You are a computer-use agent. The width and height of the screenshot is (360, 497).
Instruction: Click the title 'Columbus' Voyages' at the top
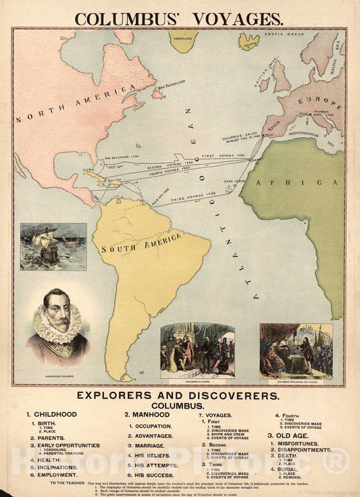(x=179, y=19)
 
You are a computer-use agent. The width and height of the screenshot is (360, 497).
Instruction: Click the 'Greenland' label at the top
(x=183, y=38)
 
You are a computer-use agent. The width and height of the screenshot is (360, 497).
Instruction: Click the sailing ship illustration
(x=53, y=246)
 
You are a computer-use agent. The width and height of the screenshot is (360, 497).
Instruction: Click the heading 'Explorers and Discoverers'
(x=178, y=395)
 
